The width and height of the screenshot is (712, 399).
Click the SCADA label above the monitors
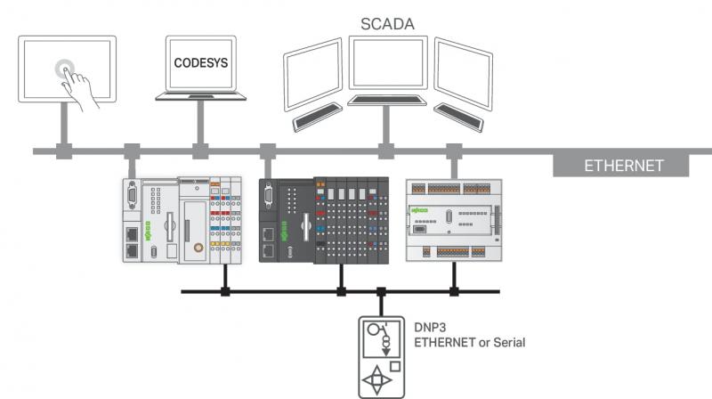[x=387, y=24]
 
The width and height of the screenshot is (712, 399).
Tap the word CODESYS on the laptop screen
[x=201, y=62]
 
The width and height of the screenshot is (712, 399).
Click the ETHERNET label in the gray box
[x=624, y=166]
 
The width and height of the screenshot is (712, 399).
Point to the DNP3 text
[x=430, y=328]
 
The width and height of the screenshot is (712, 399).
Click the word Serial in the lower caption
[x=509, y=342]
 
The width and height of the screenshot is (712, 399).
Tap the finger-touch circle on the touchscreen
[x=65, y=69]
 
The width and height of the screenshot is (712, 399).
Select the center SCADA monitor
[x=388, y=62]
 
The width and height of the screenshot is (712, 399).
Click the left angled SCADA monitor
[x=313, y=75]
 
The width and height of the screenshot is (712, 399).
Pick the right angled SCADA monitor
[x=463, y=74]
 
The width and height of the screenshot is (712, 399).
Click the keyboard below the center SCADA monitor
[x=387, y=101]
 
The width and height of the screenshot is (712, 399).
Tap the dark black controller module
[x=324, y=220]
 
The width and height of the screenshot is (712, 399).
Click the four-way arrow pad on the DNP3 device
[x=376, y=379]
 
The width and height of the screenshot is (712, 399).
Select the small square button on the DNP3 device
[x=395, y=366]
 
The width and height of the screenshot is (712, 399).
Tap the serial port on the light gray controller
[x=132, y=194]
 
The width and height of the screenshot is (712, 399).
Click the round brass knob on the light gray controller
[x=198, y=248]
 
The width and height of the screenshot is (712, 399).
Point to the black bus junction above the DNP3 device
[x=382, y=292]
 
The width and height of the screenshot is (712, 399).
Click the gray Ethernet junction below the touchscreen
[x=64, y=151]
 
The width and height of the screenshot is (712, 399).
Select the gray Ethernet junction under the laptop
[x=200, y=151]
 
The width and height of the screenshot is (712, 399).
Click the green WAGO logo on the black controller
[x=284, y=232]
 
